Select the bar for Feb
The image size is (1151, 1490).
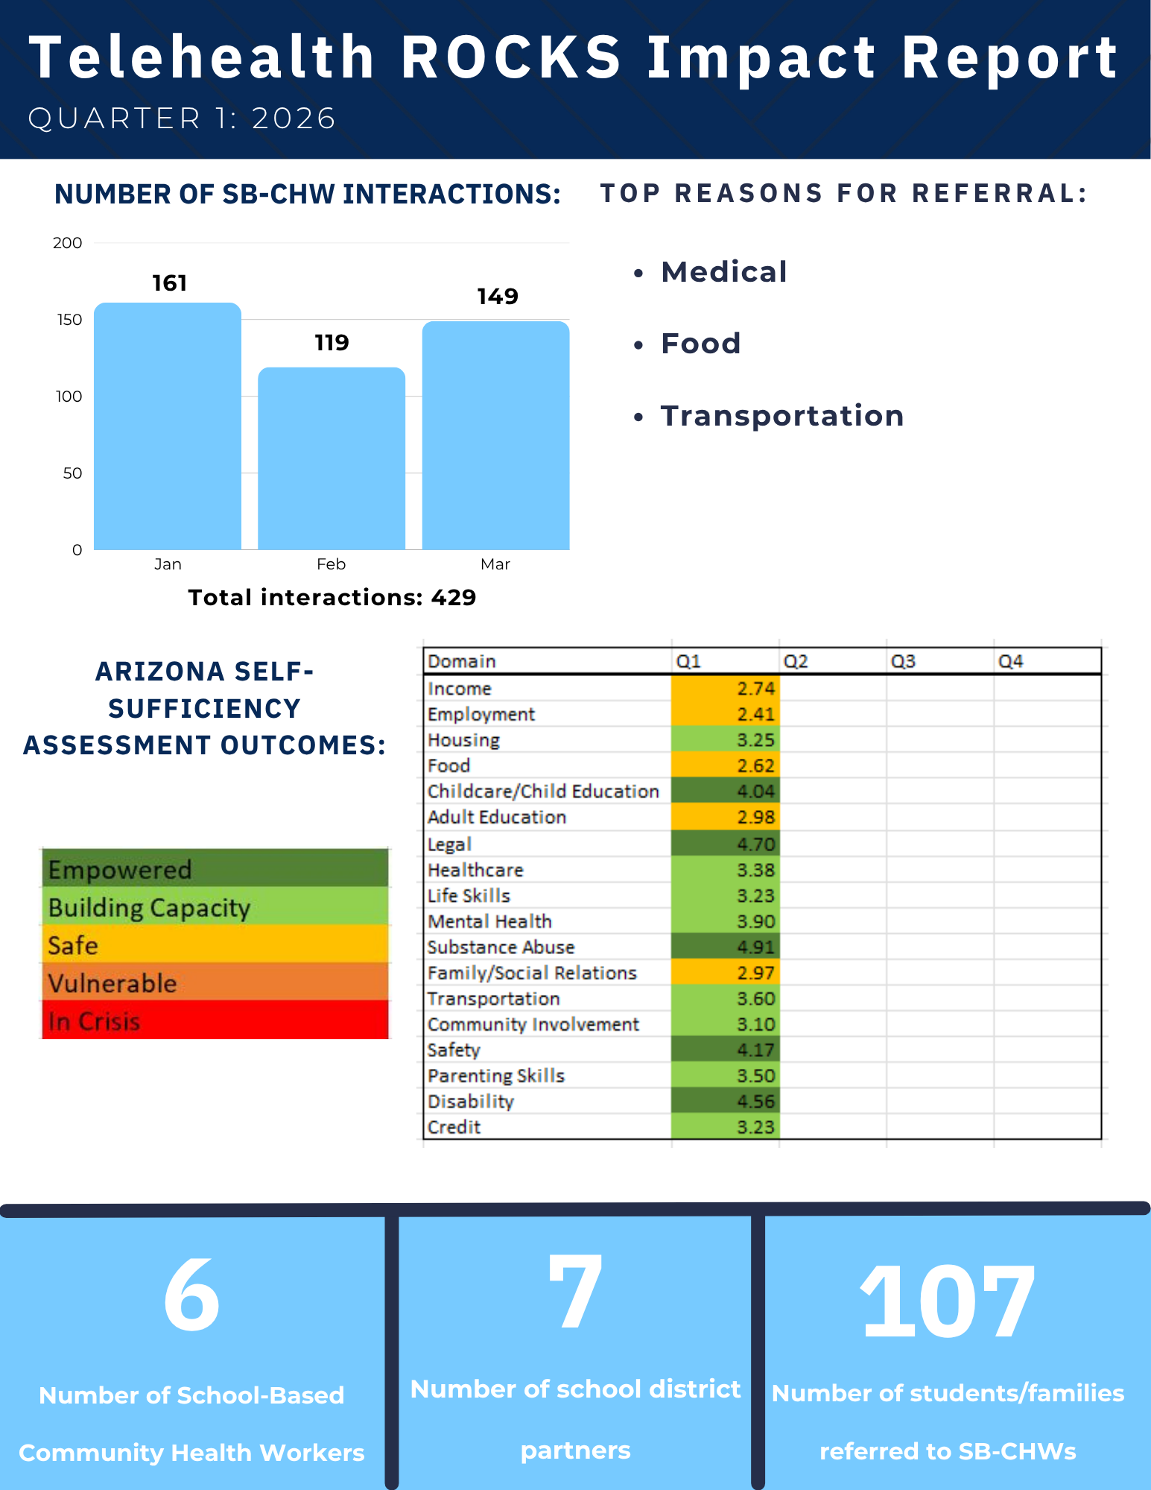(332, 458)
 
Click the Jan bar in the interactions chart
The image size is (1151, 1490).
(168, 426)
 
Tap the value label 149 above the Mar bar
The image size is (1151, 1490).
(498, 297)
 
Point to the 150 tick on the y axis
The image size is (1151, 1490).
(69, 320)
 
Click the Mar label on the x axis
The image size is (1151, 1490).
(495, 564)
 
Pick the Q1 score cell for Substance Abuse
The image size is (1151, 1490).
(725, 947)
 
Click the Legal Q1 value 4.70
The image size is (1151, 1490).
(725, 844)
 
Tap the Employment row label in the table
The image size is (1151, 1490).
(481, 714)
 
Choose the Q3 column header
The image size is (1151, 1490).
(903, 661)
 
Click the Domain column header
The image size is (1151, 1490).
(462, 661)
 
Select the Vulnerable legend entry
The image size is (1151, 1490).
(215, 982)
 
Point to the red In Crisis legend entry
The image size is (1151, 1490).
(215, 1020)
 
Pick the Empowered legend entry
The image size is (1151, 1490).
(215, 868)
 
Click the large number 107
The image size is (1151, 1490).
(948, 1302)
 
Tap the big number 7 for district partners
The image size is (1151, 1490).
(574, 1291)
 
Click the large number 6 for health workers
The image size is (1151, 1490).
(191, 1295)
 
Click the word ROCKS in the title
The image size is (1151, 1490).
(511, 57)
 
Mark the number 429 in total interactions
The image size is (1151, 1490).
(454, 598)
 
